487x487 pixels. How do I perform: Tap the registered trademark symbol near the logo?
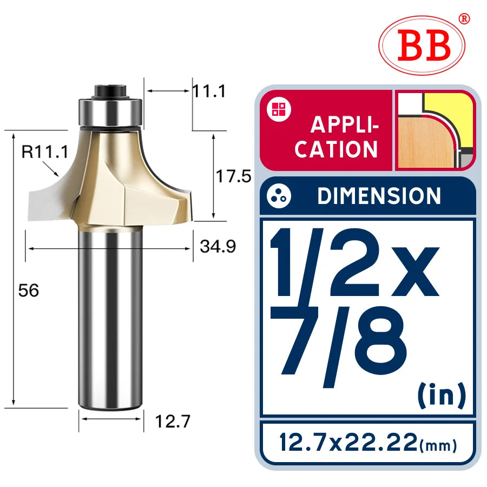click(x=464, y=19)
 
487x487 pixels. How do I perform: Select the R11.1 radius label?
click(x=44, y=152)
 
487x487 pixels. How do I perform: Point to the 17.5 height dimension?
click(x=233, y=176)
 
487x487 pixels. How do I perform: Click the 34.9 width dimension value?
click(x=218, y=246)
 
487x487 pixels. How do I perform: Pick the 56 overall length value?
click(x=29, y=291)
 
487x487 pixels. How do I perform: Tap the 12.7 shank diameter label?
click(x=173, y=422)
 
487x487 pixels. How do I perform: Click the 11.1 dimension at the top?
click(x=209, y=91)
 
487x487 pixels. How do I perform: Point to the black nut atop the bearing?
click(x=110, y=91)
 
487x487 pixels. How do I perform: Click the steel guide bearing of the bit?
click(x=110, y=113)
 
